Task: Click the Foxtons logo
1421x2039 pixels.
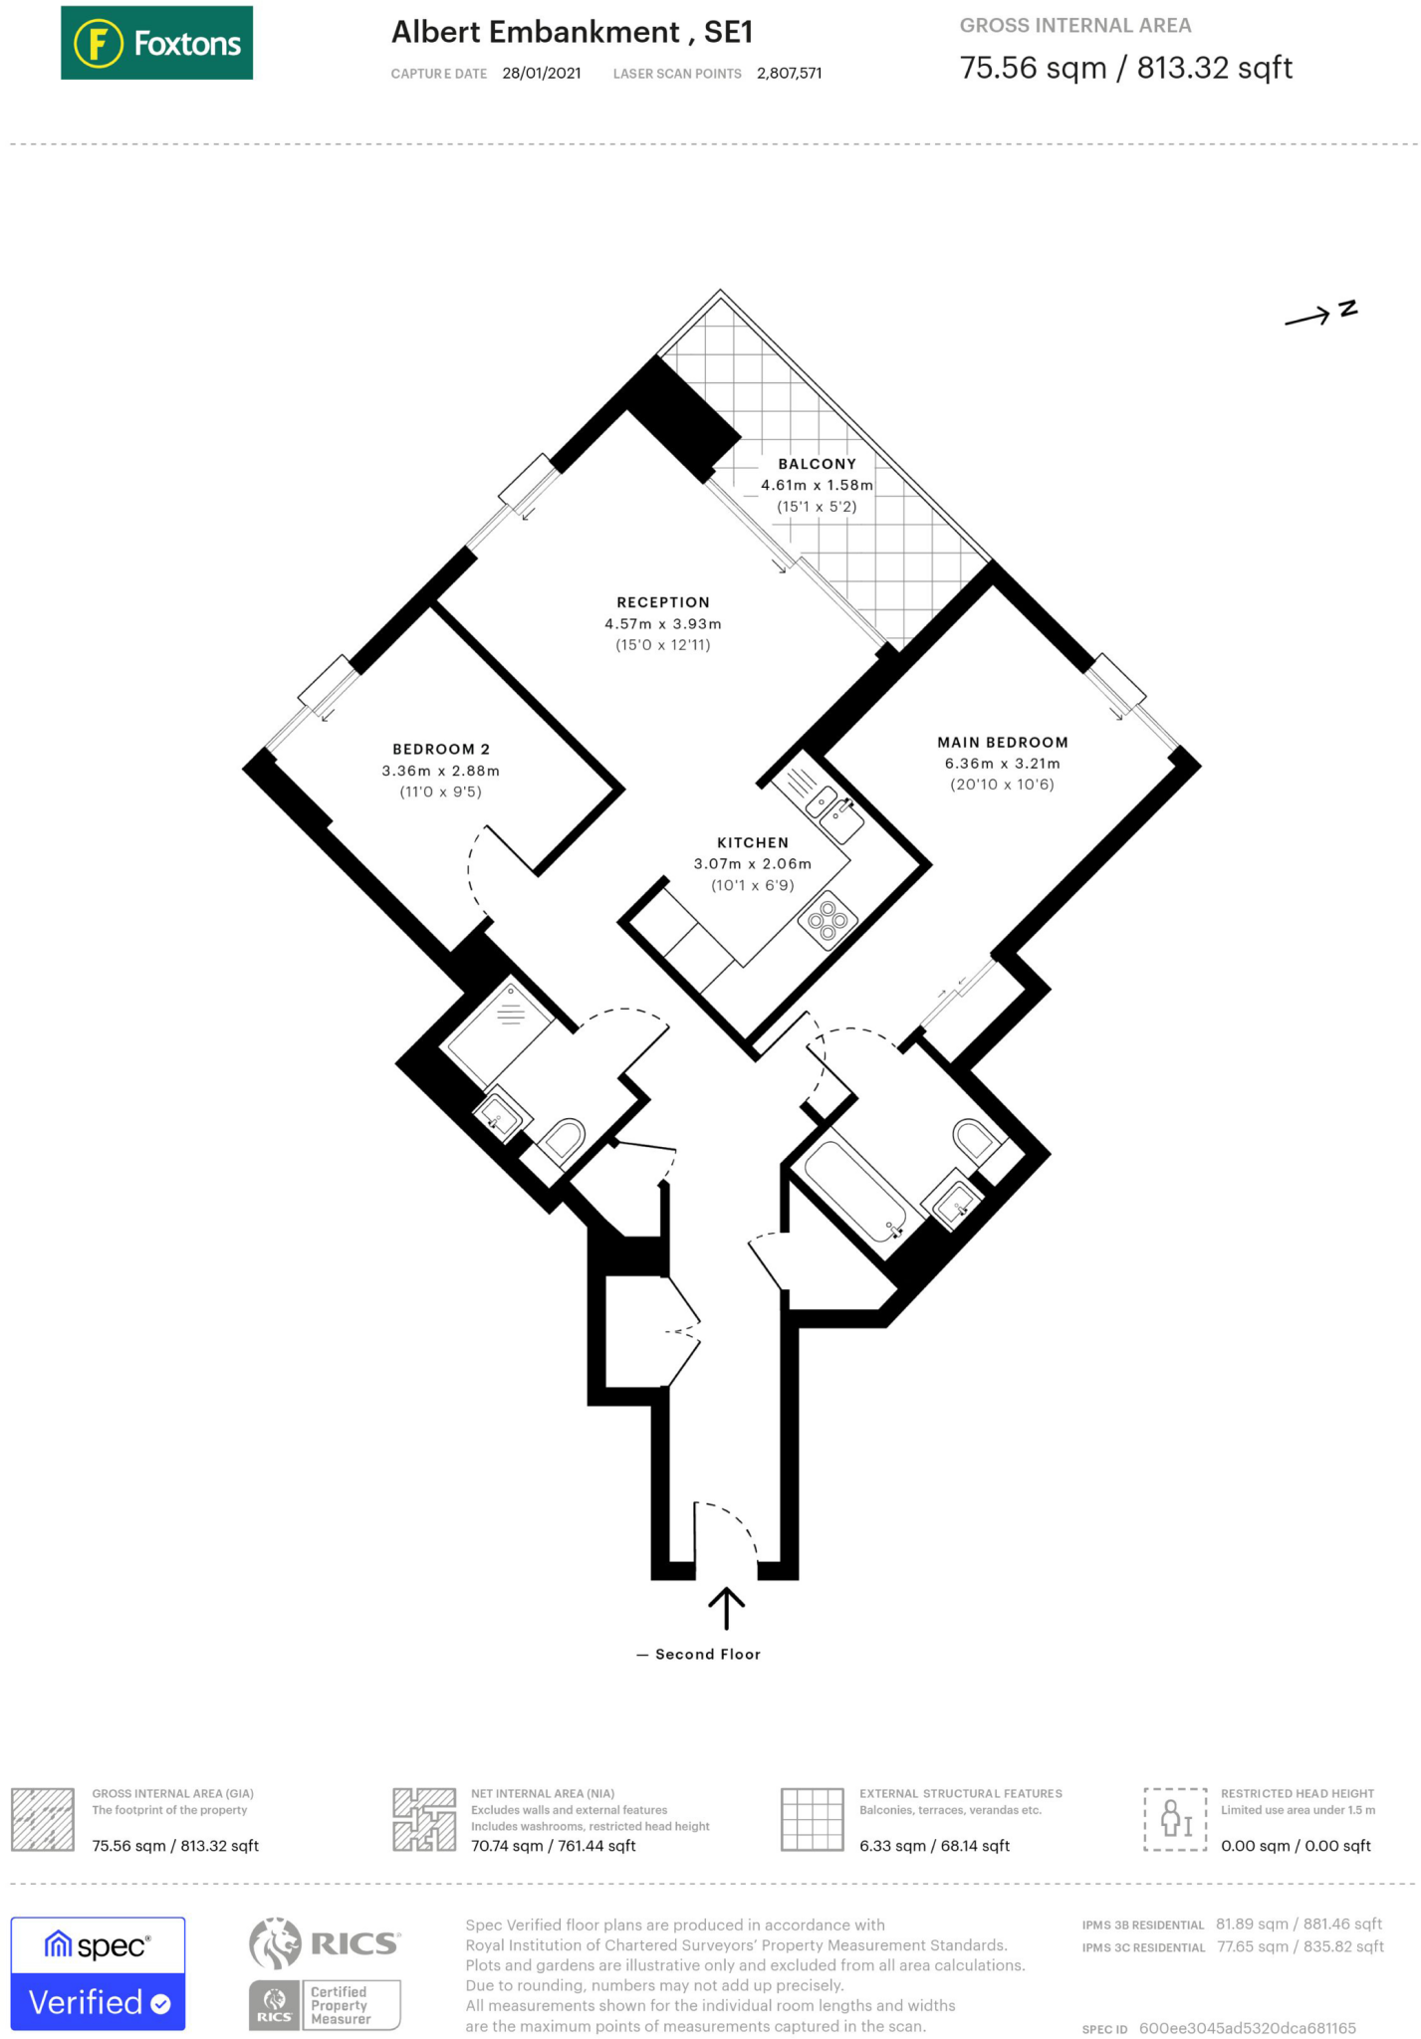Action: pos(156,43)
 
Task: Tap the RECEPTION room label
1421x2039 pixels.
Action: pos(663,602)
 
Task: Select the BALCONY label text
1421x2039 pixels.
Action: pos(817,464)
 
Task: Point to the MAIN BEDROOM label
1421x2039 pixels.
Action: pos(1002,743)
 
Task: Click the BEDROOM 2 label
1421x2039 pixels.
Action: pos(441,750)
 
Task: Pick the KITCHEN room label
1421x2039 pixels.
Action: pos(753,843)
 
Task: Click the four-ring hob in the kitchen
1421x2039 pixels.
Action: pos(828,920)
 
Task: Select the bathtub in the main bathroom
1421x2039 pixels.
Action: pos(854,1190)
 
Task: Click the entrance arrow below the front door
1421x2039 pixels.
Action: pos(726,1607)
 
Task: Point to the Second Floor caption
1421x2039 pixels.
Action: pos(707,1655)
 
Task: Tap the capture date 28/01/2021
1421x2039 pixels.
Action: pos(542,74)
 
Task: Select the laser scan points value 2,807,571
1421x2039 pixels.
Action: pos(789,74)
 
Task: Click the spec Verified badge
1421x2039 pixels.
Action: pos(98,1973)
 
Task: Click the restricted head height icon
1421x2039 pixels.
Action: pos(1175,1819)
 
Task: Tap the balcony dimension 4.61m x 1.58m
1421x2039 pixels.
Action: pos(817,486)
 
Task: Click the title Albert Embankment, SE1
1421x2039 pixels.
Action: pos(572,33)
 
